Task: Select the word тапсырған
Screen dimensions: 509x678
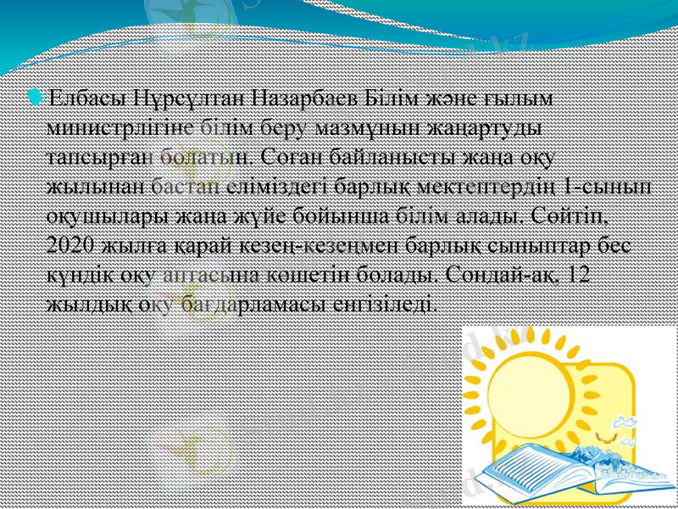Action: point(90,156)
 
